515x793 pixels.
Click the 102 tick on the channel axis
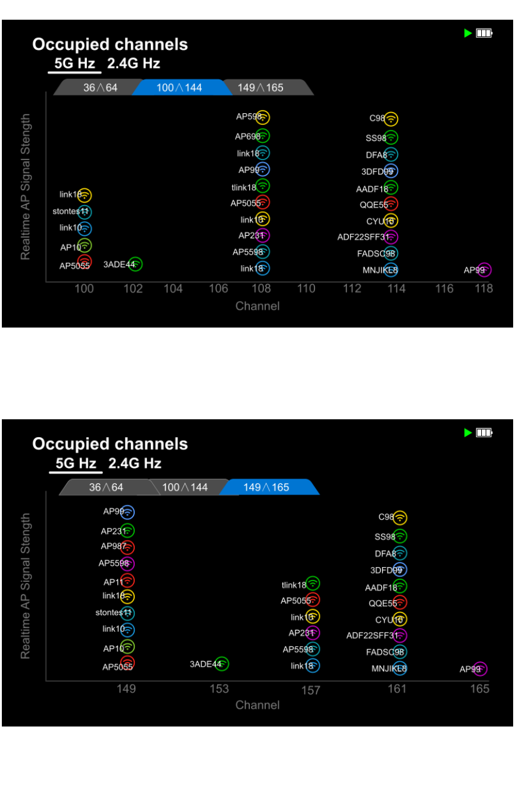tap(134, 289)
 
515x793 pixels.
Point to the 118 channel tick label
tap(484, 289)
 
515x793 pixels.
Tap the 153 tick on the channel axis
tap(219, 688)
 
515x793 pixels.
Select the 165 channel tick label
tap(480, 688)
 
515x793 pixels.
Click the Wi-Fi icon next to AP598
tap(263, 118)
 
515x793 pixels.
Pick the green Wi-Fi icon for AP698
tap(263, 136)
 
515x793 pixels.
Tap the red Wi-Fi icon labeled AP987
tap(127, 547)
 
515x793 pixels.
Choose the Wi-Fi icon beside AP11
tap(127, 581)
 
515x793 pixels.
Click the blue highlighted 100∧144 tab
tap(178, 87)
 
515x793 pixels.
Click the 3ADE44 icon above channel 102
tap(135, 264)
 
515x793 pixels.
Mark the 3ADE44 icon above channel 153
tap(222, 664)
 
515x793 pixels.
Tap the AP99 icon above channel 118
tap(484, 270)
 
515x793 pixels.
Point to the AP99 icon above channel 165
tap(480, 669)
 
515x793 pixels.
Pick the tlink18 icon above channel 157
tap(313, 583)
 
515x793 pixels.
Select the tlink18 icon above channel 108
tap(263, 186)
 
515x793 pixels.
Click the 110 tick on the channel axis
tap(306, 289)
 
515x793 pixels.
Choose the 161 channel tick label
tap(397, 688)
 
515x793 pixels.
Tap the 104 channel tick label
tap(173, 289)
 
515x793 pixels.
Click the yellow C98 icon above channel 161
tap(400, 518)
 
